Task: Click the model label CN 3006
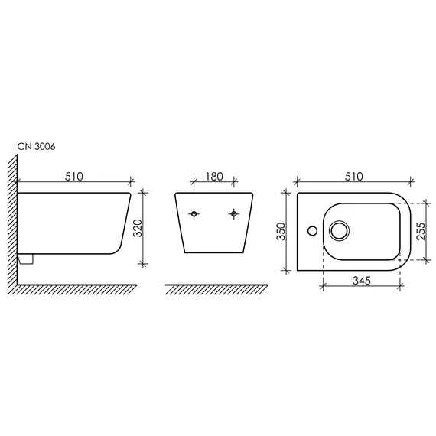36,146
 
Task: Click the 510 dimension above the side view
74,176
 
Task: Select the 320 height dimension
138,228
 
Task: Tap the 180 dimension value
214,176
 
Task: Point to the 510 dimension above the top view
353,176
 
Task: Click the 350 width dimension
281,231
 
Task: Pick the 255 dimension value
421,231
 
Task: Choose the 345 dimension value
362,281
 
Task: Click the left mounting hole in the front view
194,214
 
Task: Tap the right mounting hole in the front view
234,214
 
